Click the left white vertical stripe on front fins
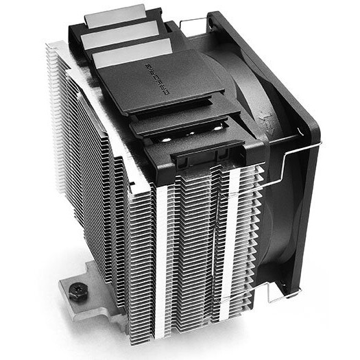[x=162, y=261]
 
